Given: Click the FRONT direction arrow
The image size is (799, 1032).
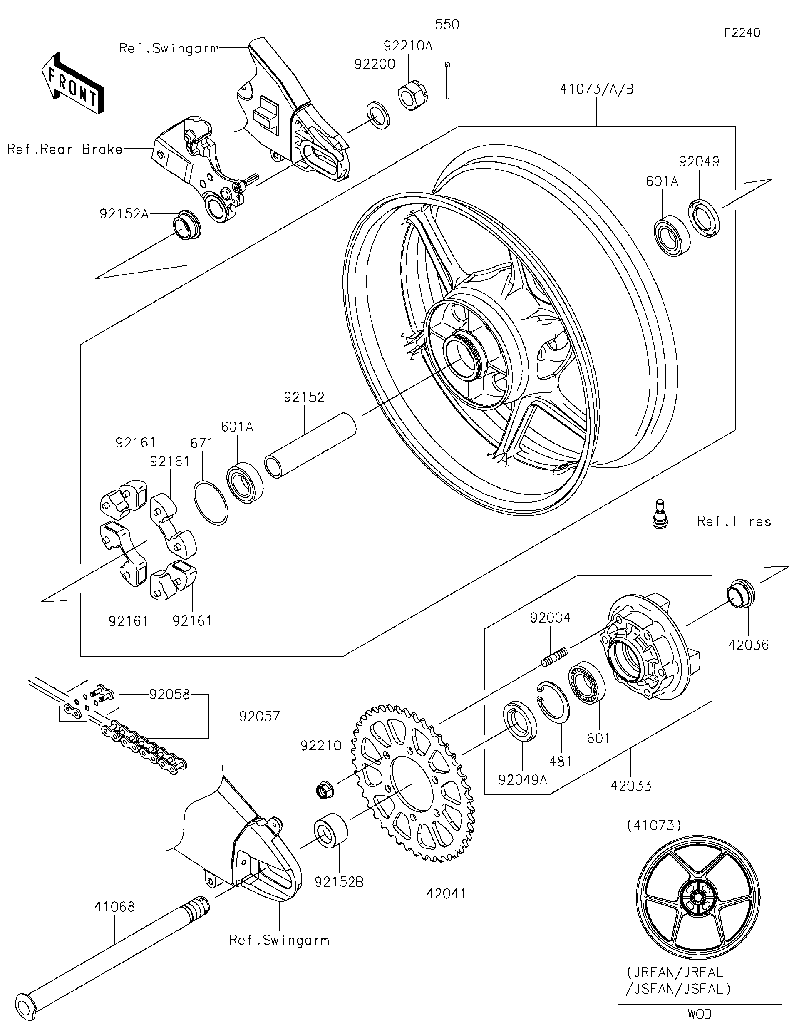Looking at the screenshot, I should click(72, 83).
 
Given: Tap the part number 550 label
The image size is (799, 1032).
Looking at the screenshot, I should click(447, 25).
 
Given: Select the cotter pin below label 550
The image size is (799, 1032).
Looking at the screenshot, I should click(447, 81).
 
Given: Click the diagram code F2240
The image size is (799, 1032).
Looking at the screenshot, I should click(742, 32).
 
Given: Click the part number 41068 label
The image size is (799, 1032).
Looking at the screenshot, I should click(114, 907).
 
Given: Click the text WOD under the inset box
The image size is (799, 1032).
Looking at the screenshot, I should click(699, 1014).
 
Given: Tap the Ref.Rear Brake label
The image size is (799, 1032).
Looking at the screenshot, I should click(65, 149).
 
